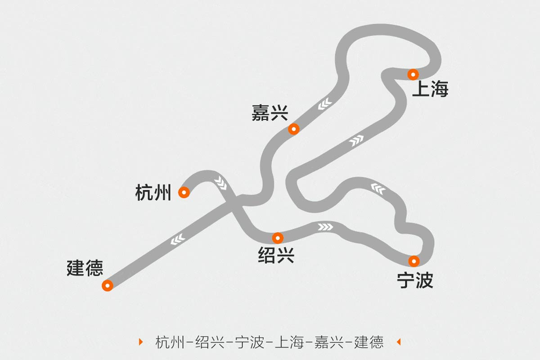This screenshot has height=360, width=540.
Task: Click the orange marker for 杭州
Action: (184, 193)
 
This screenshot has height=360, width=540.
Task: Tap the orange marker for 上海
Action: (413, 74)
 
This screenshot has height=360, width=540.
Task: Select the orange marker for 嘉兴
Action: (293, 129)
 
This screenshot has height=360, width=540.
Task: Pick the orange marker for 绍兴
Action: (278, 238)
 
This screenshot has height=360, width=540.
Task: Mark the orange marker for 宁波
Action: (414, 261)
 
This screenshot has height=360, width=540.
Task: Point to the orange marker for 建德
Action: (107, 285)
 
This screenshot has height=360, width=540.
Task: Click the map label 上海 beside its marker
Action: (430, 90)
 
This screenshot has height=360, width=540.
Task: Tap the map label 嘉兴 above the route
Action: (270, 113)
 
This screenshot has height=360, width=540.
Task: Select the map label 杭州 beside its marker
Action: (153, 193)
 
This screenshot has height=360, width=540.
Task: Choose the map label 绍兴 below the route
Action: (276, 256)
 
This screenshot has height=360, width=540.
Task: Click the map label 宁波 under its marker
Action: (415, 280)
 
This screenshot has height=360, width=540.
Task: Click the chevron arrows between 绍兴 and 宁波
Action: (325, 226)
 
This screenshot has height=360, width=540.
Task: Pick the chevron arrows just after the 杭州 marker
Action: (220, 182)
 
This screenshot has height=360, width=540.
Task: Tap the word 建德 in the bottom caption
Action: (369, 342)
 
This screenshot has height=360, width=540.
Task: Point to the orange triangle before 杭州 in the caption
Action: (141, 342)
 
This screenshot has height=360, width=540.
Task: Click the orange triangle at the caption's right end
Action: (398, 342)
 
